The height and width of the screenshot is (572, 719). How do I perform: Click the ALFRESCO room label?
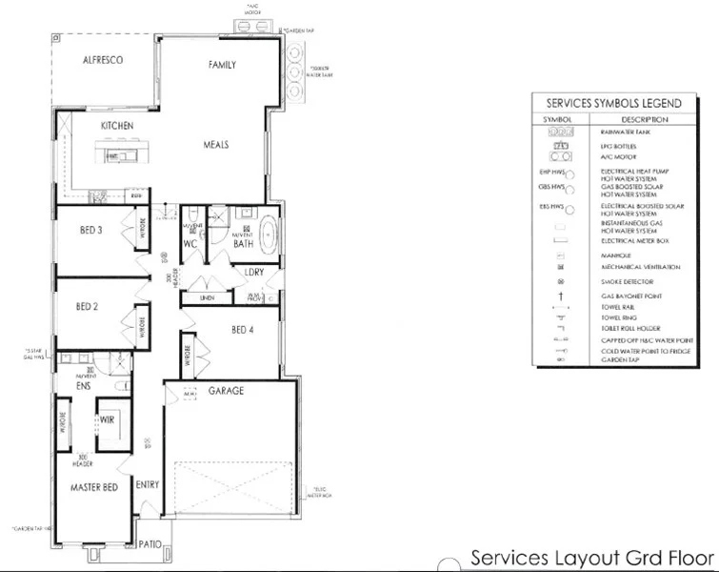click(103, 60)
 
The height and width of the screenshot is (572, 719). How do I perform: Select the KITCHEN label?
click(117, 126)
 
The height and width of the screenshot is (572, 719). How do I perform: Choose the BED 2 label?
click(88, 306)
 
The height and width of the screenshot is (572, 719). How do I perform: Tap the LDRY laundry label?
click(253, 272)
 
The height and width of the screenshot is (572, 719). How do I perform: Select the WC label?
click(190, 244)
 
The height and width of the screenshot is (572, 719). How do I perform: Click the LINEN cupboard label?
click(207, 298)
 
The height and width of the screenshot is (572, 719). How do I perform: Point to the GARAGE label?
click(227, 391)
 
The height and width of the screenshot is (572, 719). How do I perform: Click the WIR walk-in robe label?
click(108, 418)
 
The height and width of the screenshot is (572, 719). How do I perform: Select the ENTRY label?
click(148, 484)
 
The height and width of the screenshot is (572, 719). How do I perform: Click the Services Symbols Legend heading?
click(612, 103)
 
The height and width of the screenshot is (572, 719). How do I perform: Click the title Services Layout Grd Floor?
click(591, 558)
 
